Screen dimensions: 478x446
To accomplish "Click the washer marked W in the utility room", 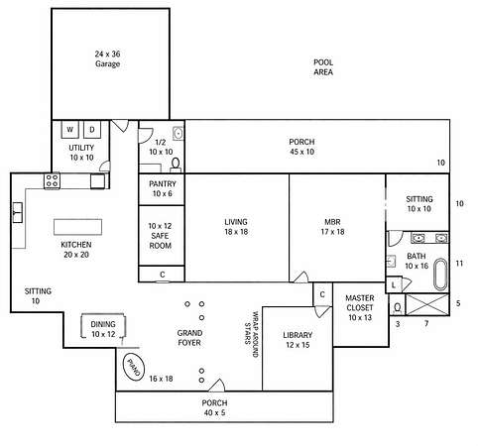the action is (70, 129).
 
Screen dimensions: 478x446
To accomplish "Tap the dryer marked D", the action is (92, 129).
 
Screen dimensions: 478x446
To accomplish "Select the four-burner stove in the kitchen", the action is (53, 180).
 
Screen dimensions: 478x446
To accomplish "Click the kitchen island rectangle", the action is (77, 227).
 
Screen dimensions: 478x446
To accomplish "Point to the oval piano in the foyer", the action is (134, 367).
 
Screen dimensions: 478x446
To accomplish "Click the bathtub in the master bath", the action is (440, 275).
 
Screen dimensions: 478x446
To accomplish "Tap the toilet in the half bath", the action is (176, 165).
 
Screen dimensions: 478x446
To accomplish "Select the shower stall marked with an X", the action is (427, 304).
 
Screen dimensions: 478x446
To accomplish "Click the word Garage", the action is (108, 63).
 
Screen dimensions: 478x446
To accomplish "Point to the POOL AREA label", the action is (323, 67).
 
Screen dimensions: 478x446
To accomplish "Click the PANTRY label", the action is (163, 184).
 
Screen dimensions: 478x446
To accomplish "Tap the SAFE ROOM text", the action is (161, 241).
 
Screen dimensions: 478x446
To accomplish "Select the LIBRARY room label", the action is (298, 335).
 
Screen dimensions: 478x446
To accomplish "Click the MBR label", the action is (332, 222).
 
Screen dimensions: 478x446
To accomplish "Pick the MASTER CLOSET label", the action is (360, 302).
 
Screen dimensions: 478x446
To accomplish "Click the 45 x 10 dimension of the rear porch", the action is (301, 152).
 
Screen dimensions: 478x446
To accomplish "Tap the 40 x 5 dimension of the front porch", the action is (214, 412).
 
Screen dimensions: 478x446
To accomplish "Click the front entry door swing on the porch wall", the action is (217, 386).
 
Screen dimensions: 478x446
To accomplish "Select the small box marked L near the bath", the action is (394, 285).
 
